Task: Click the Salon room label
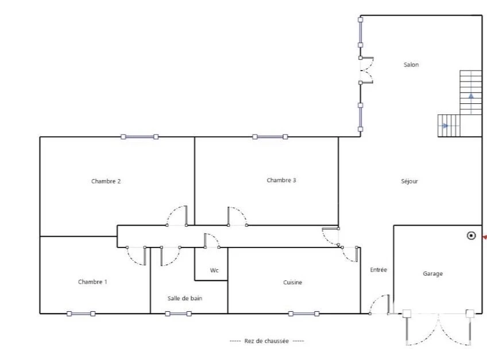[x=411, y=65]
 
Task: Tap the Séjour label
[x=409, y=181]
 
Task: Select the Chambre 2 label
[x=106, y=181]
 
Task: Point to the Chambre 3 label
[x=281, y=180]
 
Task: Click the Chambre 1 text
[x=92, y=282]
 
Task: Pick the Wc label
[x=214, y=270]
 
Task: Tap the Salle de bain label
[x=185, y=298]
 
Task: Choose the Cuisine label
[x=292, y=282]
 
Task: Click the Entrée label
[x=378, y=270]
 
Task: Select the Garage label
[x=433, y=274]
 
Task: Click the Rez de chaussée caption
[x=266, y=340]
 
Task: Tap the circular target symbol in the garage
[x=471, y=236]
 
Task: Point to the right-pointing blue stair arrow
[x=445, y=126]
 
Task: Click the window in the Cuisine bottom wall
[x=304, y=313]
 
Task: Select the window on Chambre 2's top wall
[x=140, y=137]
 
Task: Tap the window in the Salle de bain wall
[x=178, y=313]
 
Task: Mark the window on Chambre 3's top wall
[x=270, y=137]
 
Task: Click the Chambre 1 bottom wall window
[x=81, y=313]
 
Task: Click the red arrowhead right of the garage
[x=485, y=237]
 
